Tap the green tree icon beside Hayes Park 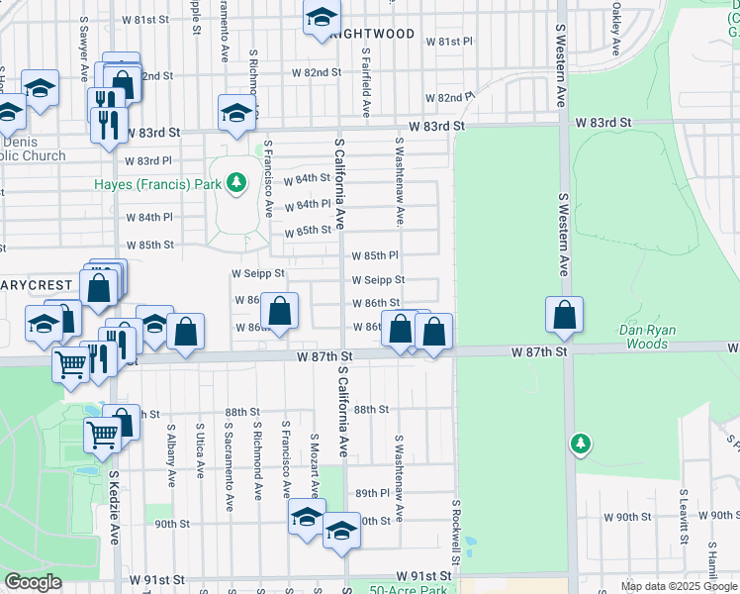click(x=236, y=183)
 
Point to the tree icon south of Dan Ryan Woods click(x=582, y=445)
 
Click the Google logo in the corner click(x=33, y=583)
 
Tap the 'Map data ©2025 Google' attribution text click(x=679, y=586)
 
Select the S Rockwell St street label click(x=457, y=533)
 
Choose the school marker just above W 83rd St click(x=236, y=113)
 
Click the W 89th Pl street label click(x=376, y=493)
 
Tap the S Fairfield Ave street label click(x=366, y=83)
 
